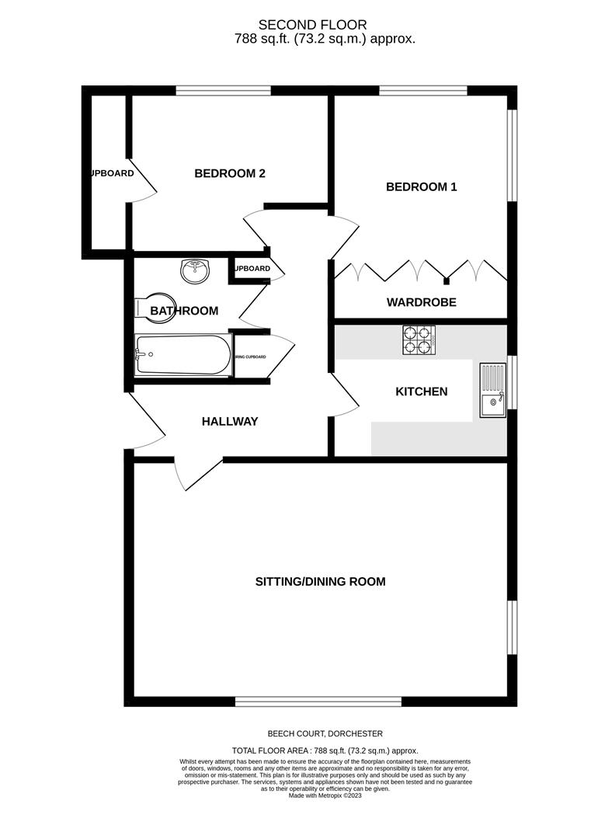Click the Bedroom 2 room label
[x=230, y=173]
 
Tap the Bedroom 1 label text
[x=422, y=186]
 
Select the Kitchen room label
[x=422, y=392]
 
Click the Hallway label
[x=230, y=422]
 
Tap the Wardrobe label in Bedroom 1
[x=422, y=301]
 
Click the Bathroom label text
[x=185, y=311]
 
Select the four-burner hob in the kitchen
[x=417, y=339]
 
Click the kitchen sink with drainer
[x=492, y=391]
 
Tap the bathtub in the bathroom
[x=183, y=356]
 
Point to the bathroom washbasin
[x=195, y=270]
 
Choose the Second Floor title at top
[x=313, y=26]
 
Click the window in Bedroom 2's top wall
[x=224, y=90]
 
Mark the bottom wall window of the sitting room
[x=318, y=701]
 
